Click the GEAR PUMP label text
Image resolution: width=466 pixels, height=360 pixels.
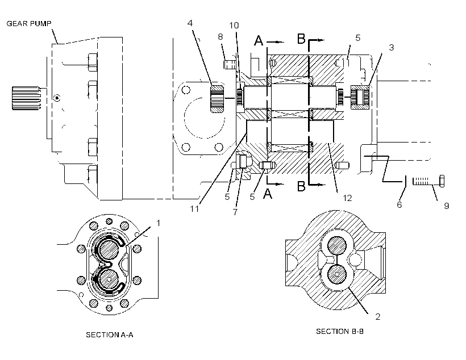tap(29, 23)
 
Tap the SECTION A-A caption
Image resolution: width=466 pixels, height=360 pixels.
tap(110, 335)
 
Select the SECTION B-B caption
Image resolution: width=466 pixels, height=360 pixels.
tap(340, 331)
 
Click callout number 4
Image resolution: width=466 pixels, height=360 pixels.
tap(190, 23)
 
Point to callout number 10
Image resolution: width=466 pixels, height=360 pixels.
tap(234, 25)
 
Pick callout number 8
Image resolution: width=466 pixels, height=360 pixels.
tap(220, 36)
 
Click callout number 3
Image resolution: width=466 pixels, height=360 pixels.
tap(392, 47)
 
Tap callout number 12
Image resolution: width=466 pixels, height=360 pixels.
tap(347, 198)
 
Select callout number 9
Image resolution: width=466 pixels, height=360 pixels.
tap(446, 206)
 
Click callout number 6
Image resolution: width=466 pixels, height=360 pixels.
tap(400, 204)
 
